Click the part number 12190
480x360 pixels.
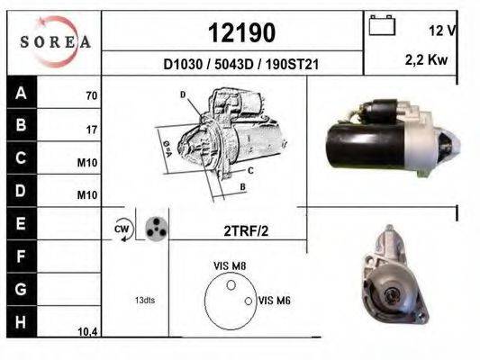[x=241, y=32]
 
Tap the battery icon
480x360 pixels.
[x=383, y=27]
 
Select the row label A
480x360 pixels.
[x=21, y=93]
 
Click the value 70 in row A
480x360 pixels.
[x=91, y=94]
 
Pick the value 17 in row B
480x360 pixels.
[x=91, y=129]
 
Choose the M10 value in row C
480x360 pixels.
[x=89, y=163]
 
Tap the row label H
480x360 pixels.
[x=21, y=321]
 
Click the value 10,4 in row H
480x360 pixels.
[x=88, y=331]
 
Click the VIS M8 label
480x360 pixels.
[x=229, y=265]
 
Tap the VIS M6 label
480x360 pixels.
[x=273, y=300]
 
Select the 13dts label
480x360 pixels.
[x=145, y=299]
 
